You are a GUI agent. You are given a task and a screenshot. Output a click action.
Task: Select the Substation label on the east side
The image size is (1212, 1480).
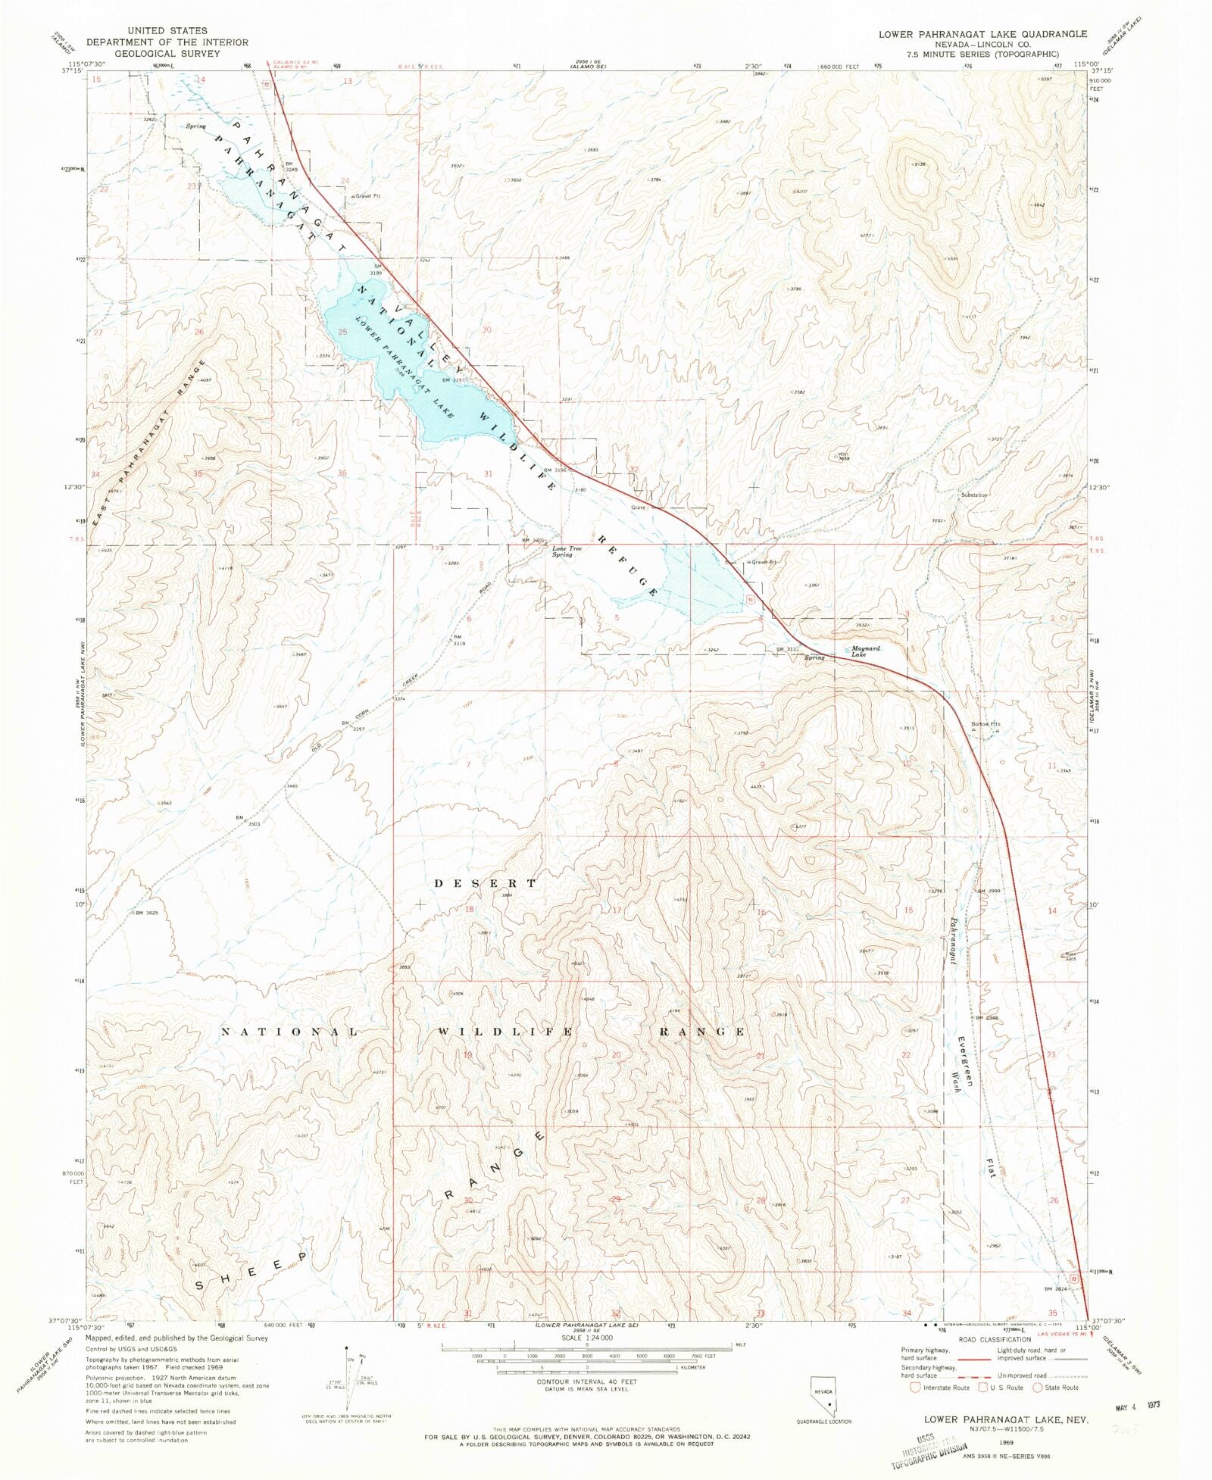pyautogui.click(x=974, y=495)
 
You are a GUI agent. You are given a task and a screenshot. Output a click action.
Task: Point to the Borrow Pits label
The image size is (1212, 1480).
pyautogui.click(x=986, y=724)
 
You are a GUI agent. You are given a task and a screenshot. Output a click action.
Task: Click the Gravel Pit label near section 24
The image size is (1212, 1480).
pyautogui.click(x=366, y=196)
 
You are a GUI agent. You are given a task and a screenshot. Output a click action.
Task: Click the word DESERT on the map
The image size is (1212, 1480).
pyautogui.click(x=486, y=883)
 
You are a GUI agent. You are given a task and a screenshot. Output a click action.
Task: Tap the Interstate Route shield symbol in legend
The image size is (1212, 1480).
pyautogui.click(x=914, y=1388)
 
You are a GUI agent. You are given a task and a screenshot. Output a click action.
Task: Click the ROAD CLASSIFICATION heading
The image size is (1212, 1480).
pyautogui.click(x=995, y=1339)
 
